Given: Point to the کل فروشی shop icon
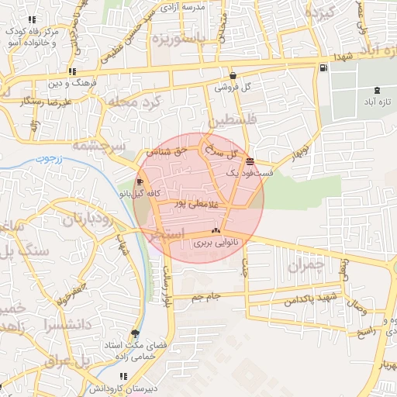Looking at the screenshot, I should (x=233, y=76).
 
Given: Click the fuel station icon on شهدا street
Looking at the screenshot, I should (x=323, y=67).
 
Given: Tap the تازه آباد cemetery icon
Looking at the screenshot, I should (x=377, y=90).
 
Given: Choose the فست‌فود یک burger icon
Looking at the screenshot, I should (x=249, y=161).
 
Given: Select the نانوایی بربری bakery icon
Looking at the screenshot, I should (x=216, y=231).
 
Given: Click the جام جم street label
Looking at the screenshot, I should (x=206, y=296).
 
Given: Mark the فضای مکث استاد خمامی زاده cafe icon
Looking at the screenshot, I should (x=136, y=333).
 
